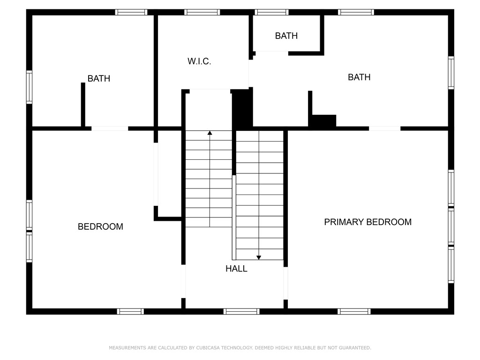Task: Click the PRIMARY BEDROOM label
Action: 367,222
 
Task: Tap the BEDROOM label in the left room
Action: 100,227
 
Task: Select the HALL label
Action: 236,269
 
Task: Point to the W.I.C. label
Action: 199,61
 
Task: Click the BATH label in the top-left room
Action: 99,79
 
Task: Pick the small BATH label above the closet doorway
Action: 286,36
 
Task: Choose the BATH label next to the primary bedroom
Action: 359,77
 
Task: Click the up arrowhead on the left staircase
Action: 210,133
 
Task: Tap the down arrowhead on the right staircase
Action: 258,257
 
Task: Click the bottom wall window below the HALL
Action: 241,311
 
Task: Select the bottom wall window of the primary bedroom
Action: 354,311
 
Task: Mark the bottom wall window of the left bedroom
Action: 130,311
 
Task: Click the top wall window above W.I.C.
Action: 202,12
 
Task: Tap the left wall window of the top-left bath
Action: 29,87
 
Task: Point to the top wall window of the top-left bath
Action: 131,12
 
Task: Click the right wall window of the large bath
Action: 451,73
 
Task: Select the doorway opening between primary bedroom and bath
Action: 384,128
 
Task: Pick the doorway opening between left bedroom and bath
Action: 110,128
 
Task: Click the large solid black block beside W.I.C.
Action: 242,109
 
